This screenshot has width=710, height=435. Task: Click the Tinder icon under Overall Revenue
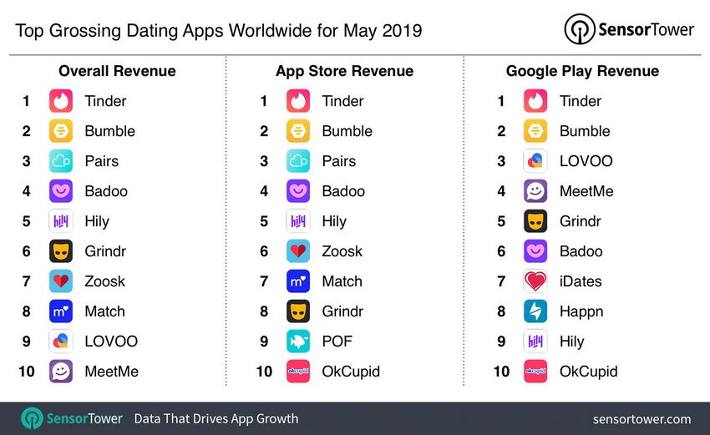point(61,101)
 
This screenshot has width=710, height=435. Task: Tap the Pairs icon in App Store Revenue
point(298,161)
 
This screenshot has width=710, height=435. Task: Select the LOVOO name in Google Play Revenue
point(586,161)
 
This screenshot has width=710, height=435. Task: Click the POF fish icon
point(298,341)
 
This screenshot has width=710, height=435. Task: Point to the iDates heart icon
point(535,281)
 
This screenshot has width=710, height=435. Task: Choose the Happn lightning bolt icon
point(535,311)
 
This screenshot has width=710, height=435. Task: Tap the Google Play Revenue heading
point(582,71)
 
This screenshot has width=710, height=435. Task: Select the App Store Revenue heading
point(345,71)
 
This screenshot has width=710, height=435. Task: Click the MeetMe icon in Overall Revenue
point(61,372)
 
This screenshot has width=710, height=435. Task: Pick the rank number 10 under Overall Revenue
point(27,372)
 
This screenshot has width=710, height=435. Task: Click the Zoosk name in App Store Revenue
point(342,251)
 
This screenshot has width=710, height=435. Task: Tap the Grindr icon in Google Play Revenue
point(535,221)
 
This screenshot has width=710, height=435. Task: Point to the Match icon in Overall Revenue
point(61,311)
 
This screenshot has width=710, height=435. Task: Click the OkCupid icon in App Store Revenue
point(298,372)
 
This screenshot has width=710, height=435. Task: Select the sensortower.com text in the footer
point(642,418)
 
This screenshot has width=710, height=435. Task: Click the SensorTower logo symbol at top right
point(579,30)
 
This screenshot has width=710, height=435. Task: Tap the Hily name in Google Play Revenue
point(571,341)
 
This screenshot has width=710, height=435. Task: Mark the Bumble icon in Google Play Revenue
point(535,131)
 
